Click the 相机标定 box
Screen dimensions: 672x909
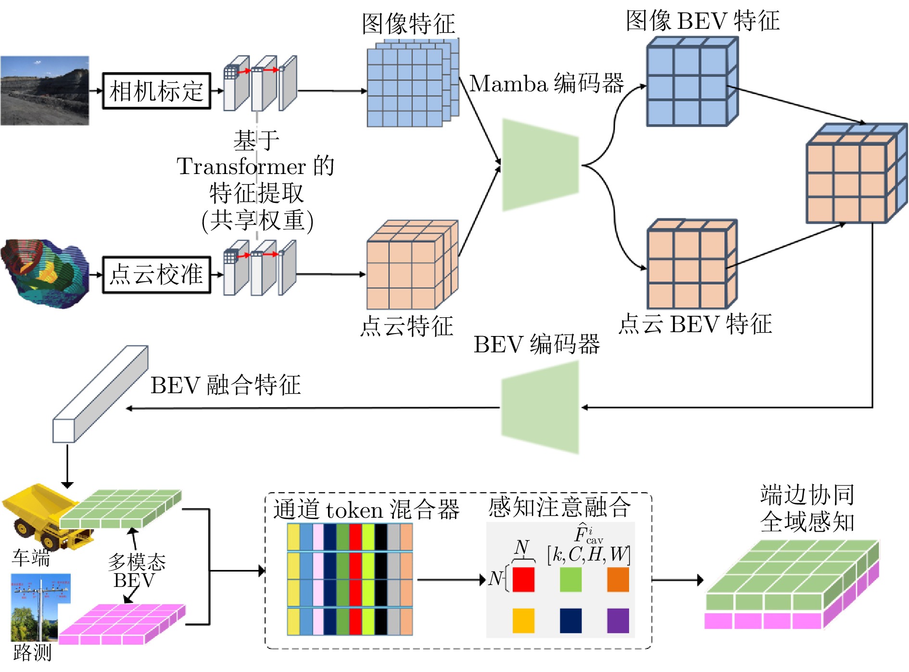(x=156, y=91)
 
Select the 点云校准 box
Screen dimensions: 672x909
(x=156, y=274)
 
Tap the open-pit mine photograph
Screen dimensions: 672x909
(x=44, y=90)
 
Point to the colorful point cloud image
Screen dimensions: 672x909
(x=44, y=273)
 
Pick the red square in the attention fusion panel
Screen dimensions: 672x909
(x=523, y=579)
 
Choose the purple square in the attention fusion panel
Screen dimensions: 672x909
(x=618, y=621)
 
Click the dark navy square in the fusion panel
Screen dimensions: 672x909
(x=570, y=621)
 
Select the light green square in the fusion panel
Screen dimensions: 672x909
(x=570, y=579)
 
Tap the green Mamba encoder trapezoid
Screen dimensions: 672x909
(x=540, y=165)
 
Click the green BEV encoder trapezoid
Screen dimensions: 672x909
(x=540, y=407)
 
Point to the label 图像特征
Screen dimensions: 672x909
(x=408, y=23)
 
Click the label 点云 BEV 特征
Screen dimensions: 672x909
(x=695, y=324)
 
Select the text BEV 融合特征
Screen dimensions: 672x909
(x=226, y=385)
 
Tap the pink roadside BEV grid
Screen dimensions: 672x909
(x=123, y=624)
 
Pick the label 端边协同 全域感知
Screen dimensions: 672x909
(x=807, y=508)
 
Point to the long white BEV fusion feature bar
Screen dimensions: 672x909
(x=100, y=394)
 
